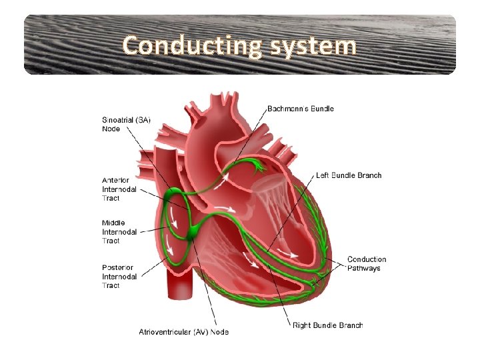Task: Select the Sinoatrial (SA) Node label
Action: [x=126, y=124]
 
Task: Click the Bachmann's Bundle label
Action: [x=301, y=109]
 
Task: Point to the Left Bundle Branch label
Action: [x=349, y=175]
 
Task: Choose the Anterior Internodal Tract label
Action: [x=119, y=189]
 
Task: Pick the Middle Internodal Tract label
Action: [x=119, y=232]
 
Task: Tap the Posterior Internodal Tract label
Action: [x=119, y=276]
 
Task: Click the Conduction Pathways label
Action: [x=366, y=263]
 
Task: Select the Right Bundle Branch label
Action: [x=327, y=325]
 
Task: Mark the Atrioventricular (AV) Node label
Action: [x=183, y=332]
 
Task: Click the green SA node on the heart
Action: [x=175, y=195]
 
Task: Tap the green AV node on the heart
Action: [x=194, y=233]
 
